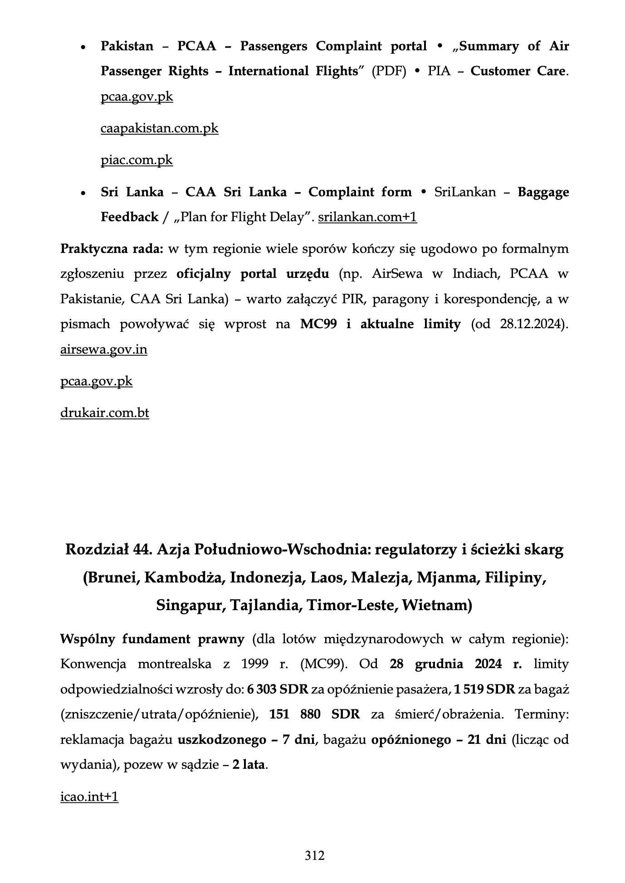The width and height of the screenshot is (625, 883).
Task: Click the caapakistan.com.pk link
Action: (159, 129)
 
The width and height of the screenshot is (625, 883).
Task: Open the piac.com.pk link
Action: (137, 160)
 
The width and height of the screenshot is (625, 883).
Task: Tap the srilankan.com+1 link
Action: (367, 218)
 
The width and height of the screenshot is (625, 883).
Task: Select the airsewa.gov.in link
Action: (103, 350)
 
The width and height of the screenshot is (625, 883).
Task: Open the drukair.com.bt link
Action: (104, 413)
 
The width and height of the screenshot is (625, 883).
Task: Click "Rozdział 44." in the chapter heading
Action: (109, 549)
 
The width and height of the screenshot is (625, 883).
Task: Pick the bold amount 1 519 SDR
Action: (484, 690)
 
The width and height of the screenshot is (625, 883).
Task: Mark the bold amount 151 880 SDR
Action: (314, 715)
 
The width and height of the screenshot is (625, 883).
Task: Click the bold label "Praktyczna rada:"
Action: (112, 249)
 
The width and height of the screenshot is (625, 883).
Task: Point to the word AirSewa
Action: (397, 274)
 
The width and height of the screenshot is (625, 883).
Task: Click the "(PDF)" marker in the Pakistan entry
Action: (389, 72)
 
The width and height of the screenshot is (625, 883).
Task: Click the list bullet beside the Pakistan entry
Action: (83, 47)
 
